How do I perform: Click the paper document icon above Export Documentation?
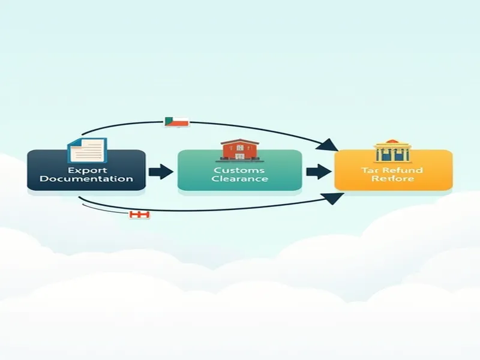click(88, 150)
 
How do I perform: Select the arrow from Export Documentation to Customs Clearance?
click(160, 172)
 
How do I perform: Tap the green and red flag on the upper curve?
click(177, 121)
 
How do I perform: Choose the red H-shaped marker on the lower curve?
click(140, 214)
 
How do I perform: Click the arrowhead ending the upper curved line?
click(328, 145)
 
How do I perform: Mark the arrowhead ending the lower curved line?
click(329, 199)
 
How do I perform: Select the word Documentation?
click(86, 178)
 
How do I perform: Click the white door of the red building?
click(239, 155)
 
